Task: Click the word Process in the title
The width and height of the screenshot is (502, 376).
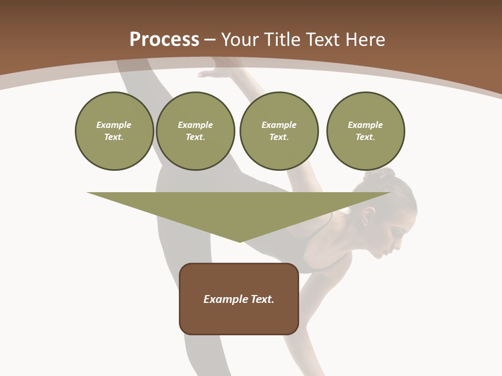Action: pyautogui.click(x=164, y=40)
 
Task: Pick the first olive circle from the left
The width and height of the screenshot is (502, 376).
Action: pyautogui.click(x=114, y=131)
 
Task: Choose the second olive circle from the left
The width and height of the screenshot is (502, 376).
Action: pyautogui.click(x=195, y=131)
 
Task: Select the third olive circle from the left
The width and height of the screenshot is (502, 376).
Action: pyautogui.click(x=279, y=131)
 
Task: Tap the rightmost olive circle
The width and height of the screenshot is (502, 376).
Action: pyautogui.click(x=365, y=131)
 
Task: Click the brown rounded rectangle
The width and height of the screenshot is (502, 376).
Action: pyautogui.click(x=239, y=299)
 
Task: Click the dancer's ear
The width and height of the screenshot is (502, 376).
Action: pyautogui.click(x=370, y=215)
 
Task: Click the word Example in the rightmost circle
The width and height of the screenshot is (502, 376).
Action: pyautogui.click(x=365, y=125)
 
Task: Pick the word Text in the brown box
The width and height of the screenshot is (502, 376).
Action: pyautogui.click(x=263, y=299)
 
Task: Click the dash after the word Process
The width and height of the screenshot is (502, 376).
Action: pyautogui.click(x=210, y=40)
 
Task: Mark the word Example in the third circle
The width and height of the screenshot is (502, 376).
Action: pyautogui.click(x=279, y=125)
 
